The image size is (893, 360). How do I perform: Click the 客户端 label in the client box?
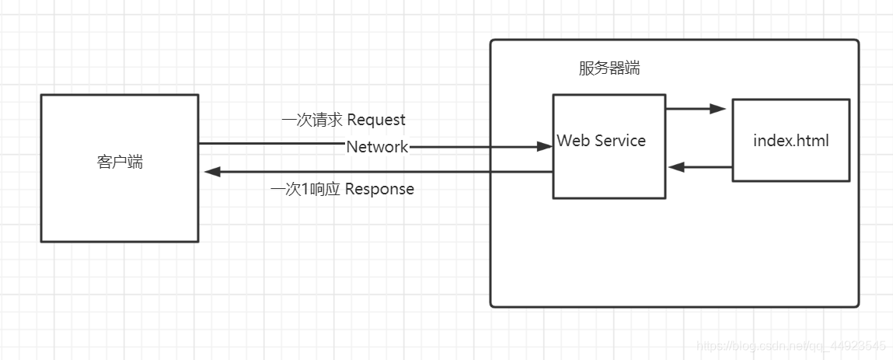click(120, 163)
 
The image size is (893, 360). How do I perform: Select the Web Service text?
click(602, 141)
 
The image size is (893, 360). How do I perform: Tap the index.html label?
click(791, 141)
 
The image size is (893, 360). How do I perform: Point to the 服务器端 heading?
click(609, 68)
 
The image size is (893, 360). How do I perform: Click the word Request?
click(376, 120)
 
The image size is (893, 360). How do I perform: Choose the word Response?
click(379, 189)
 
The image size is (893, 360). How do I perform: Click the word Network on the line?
click(377, 147)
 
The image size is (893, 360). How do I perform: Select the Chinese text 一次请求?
click(312, 120)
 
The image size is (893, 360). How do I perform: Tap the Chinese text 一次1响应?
click(305, 189)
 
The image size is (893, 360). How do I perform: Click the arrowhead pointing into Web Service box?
click(544, 146)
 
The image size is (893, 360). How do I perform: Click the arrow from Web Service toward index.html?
click(696, 109)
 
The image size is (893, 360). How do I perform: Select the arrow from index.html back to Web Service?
click(699, 167)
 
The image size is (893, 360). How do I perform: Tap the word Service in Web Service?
click(617, 141)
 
